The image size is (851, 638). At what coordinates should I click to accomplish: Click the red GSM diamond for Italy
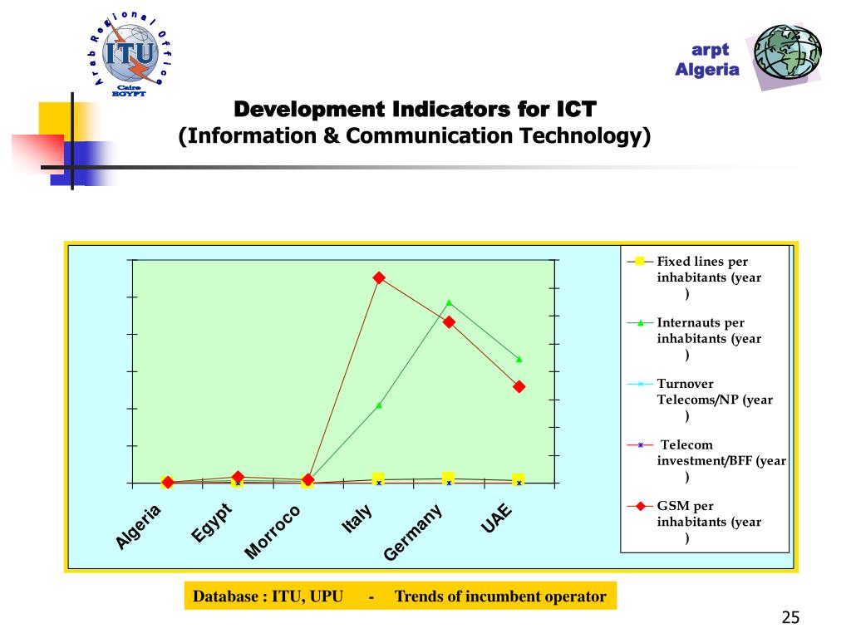pos(379,277)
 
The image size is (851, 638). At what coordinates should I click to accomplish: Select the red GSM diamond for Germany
pos(449,321)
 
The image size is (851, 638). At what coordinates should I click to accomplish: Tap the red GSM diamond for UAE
pos(519,386)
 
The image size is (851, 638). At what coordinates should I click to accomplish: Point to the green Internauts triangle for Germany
pos(449,302)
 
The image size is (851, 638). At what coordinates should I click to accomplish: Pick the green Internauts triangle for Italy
pos(379,405)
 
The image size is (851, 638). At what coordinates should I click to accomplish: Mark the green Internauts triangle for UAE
pos(519,359)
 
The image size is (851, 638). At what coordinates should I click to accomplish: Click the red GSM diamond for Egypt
pos(239,477)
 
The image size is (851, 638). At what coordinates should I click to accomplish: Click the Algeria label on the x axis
pos(138,528)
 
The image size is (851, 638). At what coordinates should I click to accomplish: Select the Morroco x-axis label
pos(273,532)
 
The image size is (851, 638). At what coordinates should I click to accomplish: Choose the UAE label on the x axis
pos(496,518)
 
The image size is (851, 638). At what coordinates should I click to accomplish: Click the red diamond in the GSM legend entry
pos(640,506)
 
